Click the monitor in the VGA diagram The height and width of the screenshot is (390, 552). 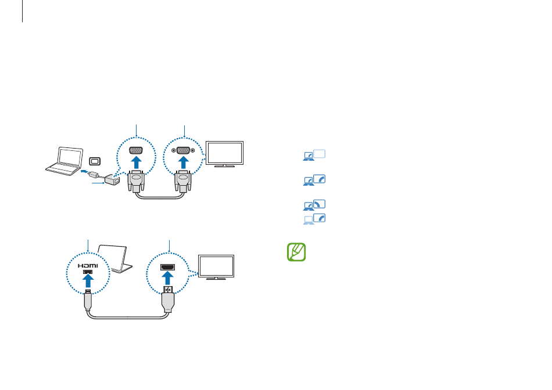point(226,154)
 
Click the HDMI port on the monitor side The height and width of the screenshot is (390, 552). point(169,268)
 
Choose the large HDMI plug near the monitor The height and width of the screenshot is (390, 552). point(169,300)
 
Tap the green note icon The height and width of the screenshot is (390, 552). point(296,252)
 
